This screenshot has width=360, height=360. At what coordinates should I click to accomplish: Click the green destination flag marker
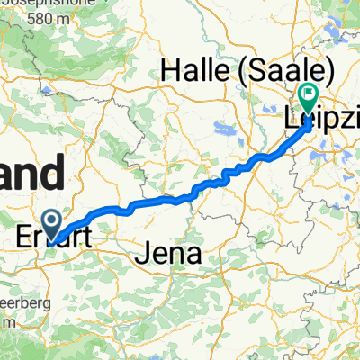point(309,94)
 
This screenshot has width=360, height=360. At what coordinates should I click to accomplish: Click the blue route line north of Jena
point(180,197)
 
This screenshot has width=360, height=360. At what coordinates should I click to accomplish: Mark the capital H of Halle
point(169,70)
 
